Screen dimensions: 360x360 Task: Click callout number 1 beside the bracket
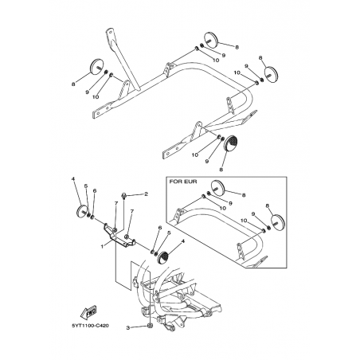tap(102, 246)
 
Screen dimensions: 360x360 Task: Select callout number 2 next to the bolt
tap(146, 194)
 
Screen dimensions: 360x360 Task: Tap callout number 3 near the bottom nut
tap(128, 328)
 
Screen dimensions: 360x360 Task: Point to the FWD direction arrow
tap(88, 312)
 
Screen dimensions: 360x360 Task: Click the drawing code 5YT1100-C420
tap(90, 326)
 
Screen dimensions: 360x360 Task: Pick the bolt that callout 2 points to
tap(123, 196)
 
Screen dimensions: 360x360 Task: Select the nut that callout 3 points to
tap(150, 326)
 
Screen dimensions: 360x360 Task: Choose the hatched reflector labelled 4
tap(165, 257)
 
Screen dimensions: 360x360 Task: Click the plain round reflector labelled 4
tap(81, 210)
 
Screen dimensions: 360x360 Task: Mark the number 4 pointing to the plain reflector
tap(72, 179)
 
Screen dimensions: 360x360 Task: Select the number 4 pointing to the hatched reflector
tap(182, 241)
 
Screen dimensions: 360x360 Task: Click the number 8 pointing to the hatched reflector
tap(221, 170)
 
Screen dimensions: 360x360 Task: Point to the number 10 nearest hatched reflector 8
tap(195, 155)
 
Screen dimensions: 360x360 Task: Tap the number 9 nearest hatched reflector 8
tap(207, 161)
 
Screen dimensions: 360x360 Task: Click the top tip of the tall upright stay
tap(110, 29)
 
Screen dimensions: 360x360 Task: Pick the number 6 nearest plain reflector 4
tap(95, 190)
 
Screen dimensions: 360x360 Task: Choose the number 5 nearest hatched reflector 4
tap(169, 233)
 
